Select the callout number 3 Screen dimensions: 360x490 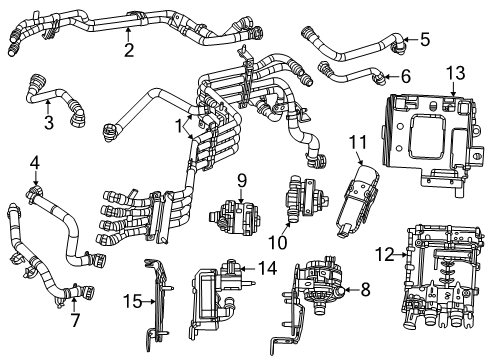point(48,123)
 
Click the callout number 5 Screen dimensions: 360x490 point(425,40)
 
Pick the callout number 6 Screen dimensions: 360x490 point(405,76)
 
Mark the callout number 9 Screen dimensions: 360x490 point(241,180)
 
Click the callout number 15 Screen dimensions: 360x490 point(131,300)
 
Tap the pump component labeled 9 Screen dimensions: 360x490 point(237,216)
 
